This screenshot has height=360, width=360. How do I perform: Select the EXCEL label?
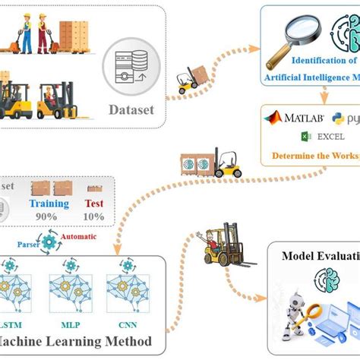coord(326,136)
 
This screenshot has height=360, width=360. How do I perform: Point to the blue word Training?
coord(49,204)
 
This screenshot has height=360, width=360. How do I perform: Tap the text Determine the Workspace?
coord(311,158)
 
